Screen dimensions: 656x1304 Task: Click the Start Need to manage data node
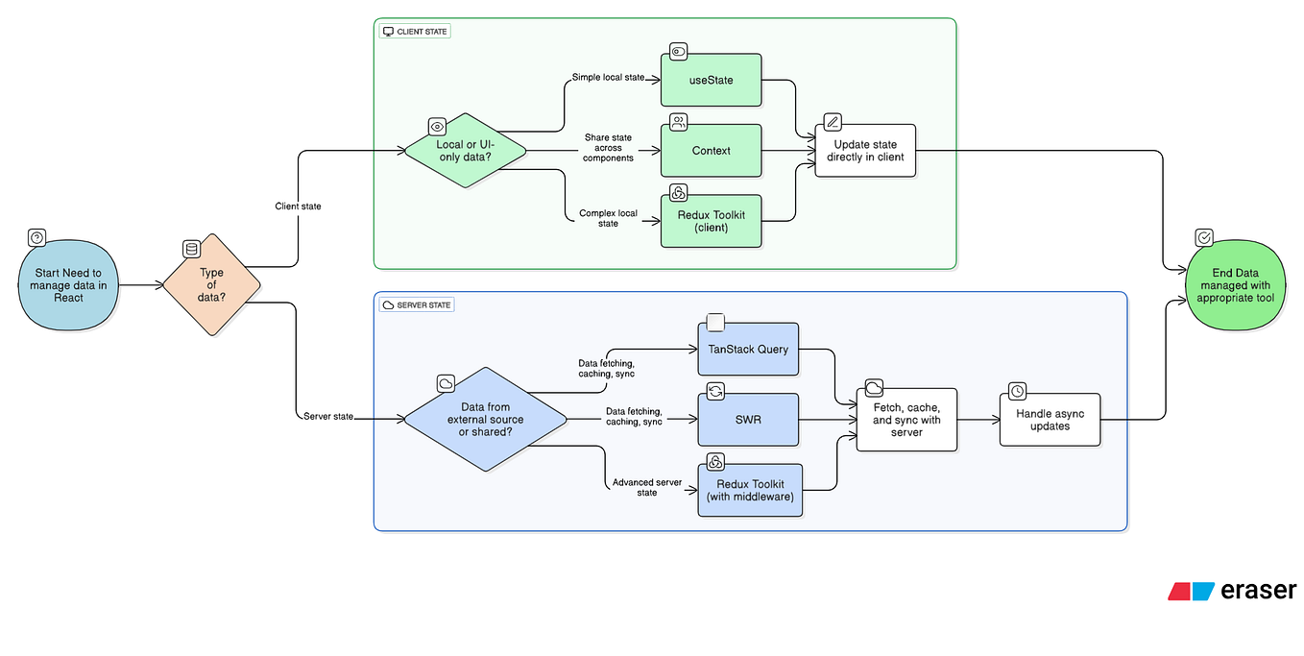(68, 285)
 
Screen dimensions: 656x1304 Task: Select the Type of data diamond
(211, 285)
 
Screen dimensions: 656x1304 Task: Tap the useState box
(711, 80)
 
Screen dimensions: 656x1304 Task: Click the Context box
(711, 151)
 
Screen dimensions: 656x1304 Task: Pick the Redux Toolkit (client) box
(711, 221)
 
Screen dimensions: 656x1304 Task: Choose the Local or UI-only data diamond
(466, 151)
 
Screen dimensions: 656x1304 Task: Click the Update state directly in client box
(865, 151)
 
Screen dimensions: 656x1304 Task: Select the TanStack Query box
(747, 349)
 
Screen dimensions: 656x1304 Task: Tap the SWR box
(747, 419)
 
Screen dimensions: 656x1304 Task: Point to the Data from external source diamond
(485, 419)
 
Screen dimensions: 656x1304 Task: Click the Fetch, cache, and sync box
(906, 420)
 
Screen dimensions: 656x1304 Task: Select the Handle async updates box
(1050, 420)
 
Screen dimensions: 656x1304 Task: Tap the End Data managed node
(1235, 285)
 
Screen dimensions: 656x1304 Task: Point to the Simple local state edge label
(608, 77)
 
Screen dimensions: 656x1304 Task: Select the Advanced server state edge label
(646, 487)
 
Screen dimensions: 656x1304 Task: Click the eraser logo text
(1258, 591)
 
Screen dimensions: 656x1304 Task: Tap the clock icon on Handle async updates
(1017, 391)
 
